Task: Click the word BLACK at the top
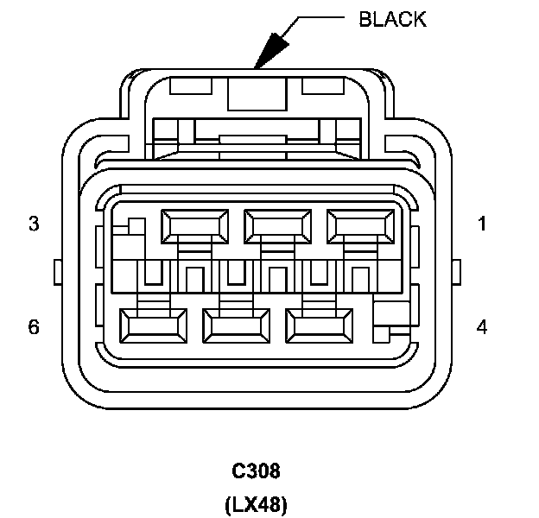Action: (392, 19)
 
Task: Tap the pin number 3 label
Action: (34, 224)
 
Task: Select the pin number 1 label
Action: (482, 224)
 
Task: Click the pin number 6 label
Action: (34, 327)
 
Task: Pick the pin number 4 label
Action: (482, 327)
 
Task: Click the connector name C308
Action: (257, 471)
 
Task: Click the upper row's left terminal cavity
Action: (195, 225)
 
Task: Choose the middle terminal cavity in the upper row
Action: (278, 225)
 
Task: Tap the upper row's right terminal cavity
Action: (360, 225)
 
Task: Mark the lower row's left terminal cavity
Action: (154, 325)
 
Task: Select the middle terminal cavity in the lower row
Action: (236, 325)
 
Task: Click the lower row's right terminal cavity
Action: (319, 325)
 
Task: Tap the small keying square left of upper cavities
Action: (134, 226)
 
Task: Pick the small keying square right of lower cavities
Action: (390, 314)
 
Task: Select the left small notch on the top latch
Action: (187, 85)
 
